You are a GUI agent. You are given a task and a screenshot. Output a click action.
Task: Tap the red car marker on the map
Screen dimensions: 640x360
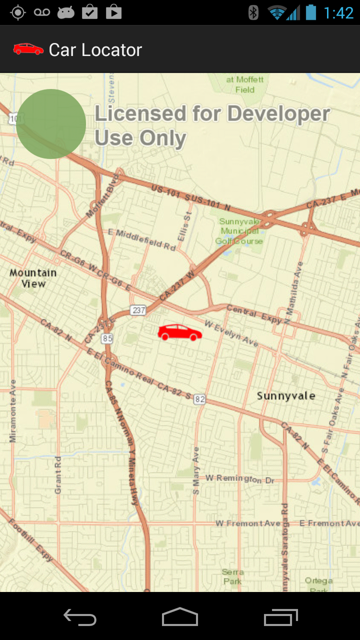(179, 332)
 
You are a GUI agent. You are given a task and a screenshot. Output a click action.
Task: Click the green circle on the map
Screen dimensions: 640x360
(51, 124)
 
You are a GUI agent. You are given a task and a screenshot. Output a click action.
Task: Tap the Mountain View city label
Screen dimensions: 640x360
(33, 278)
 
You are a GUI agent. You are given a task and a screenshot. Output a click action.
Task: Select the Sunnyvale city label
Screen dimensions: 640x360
(286, 396)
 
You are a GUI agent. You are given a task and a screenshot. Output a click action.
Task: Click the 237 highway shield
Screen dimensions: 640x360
(138, 310)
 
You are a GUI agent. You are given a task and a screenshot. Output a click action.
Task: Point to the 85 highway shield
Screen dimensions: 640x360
(107, 338)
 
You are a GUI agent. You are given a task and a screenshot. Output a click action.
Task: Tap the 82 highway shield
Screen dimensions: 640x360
(199, 399)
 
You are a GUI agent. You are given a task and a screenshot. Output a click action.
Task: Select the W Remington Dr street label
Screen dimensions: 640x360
(240, 478)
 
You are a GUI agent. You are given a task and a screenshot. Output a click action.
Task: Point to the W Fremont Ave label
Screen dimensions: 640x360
(248, 523)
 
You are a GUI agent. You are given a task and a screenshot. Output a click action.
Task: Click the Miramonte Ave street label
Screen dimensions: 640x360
(12, 411)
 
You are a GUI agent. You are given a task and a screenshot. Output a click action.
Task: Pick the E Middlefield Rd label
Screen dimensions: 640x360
(142, 239)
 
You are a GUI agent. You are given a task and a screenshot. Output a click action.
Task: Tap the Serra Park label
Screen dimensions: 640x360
(232, 576)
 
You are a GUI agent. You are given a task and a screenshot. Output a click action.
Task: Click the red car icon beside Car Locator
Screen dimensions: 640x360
(28, 49)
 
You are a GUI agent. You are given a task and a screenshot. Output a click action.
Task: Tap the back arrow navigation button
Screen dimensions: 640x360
(80, 617)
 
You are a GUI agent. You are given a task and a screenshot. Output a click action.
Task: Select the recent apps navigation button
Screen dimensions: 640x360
(280, 617)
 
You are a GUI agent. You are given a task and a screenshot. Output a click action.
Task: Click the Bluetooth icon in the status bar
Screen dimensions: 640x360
(253, 12)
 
